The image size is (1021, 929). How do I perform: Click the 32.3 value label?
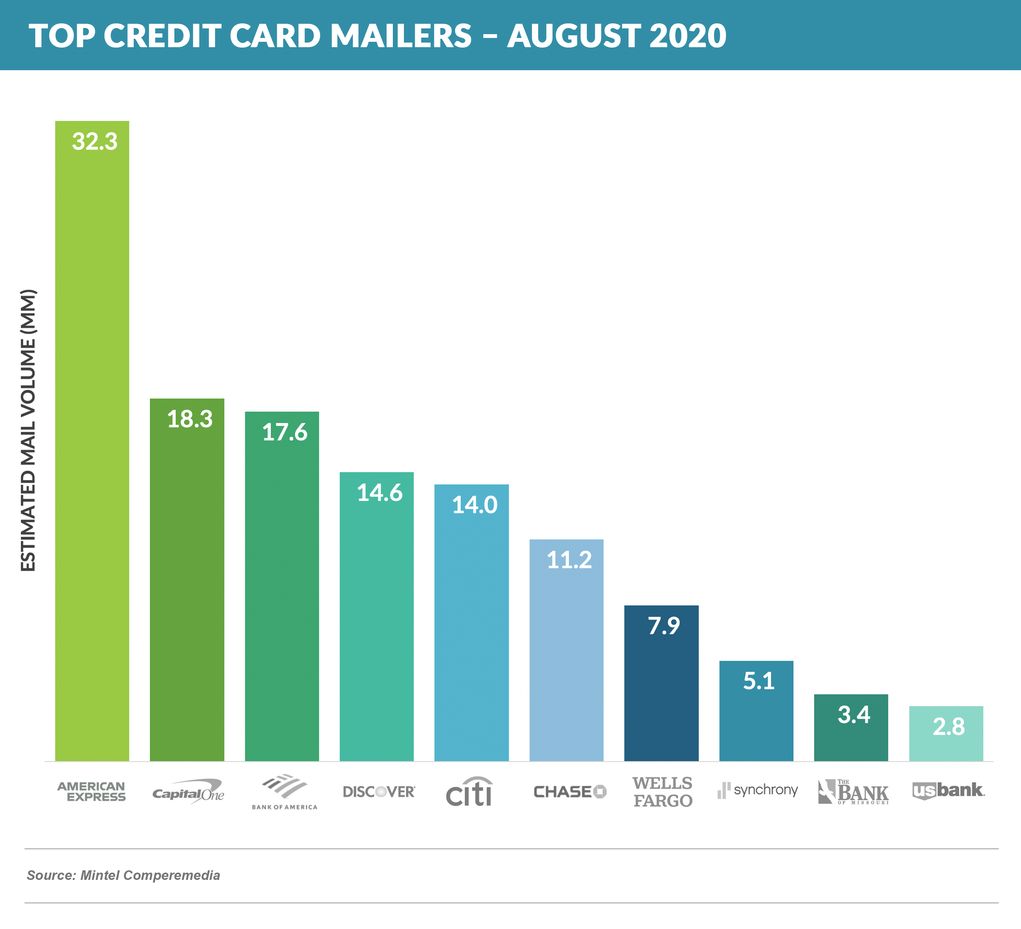coord(95,142)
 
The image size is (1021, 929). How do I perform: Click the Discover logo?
coord(379,792)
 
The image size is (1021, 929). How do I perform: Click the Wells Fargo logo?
coord(662,792)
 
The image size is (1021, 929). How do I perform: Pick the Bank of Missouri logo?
coord(854,792)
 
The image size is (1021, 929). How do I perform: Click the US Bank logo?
coord(948,791)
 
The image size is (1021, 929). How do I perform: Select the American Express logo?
coord(92,791)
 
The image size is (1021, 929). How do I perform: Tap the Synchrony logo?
coord(758,790)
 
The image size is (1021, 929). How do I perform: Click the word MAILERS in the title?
coord(401,36)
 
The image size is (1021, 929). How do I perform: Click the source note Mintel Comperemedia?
coord(123,875)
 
